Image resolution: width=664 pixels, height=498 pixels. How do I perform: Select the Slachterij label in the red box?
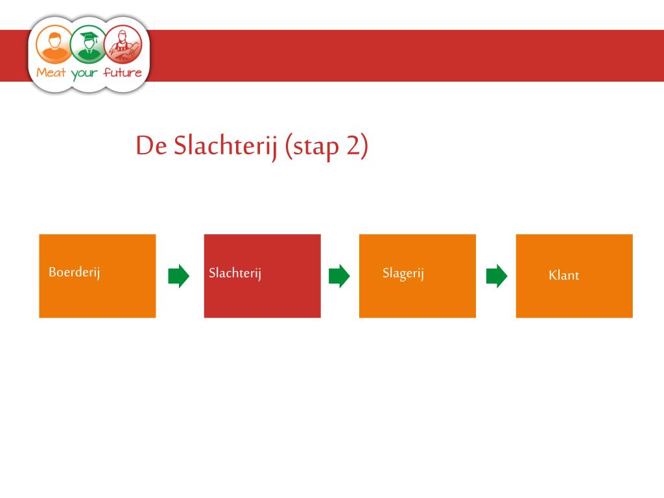(235, 274)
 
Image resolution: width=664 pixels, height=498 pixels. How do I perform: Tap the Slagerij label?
(403, 274)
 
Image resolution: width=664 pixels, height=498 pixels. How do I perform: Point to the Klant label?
(563, 275)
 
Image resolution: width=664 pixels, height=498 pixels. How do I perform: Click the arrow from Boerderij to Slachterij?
(178, 276)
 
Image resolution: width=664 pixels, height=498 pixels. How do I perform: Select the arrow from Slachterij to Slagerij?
(339, 276)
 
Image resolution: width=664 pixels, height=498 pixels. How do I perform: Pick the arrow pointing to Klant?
(497, 276)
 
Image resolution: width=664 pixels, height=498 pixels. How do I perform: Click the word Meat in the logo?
(51, 72)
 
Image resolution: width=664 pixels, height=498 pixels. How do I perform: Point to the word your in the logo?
(84, 73)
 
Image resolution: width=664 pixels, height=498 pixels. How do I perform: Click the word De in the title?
(151, 146)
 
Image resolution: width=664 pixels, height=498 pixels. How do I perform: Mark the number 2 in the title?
(353, 146)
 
